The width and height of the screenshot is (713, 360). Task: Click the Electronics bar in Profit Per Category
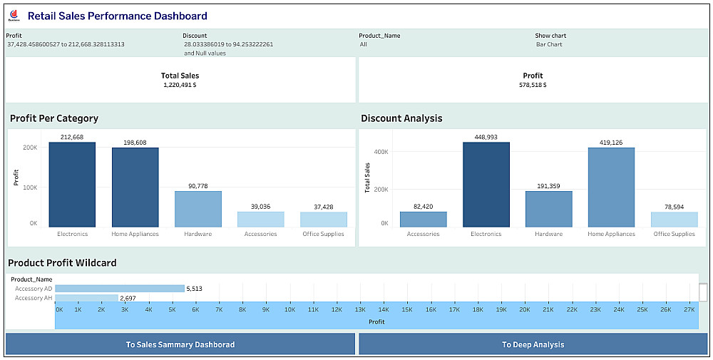coord(72,185)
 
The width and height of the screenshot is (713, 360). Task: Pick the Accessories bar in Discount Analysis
coord(423,220)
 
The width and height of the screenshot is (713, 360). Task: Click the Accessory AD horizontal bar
coord(119,289)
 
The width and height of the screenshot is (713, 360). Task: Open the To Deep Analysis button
coord(533,344)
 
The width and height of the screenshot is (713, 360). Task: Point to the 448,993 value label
coord(486,137)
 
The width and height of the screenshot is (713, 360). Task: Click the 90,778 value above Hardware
coord(198,186)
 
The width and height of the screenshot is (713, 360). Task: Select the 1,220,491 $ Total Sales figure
coord(180,85)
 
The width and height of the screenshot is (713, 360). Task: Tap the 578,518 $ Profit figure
coord(533,85)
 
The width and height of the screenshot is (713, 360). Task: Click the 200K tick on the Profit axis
coord(30,148)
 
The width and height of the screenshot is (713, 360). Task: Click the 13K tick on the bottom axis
coord(360,310)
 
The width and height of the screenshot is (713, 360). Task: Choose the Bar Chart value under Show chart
coord(549,44)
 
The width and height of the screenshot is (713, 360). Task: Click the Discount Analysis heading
coord(401,118)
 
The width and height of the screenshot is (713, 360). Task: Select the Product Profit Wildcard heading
coord(62,263)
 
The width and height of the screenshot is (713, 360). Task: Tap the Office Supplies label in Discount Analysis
coord(674,234)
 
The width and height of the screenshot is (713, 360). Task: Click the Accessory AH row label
coord(34,298)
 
